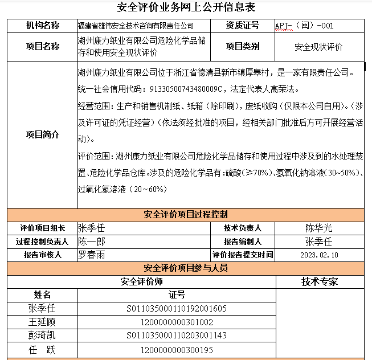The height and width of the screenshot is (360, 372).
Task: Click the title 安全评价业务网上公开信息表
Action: pos(186,7)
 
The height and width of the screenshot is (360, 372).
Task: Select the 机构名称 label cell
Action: pos(42,26)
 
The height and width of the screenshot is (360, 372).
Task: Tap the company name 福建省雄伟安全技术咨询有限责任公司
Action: pos(136,26)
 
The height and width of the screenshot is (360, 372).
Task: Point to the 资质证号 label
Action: pos(242,26)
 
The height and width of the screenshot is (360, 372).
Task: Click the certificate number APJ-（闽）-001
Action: pos(304,26)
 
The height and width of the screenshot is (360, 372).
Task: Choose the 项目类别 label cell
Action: pos(242,47)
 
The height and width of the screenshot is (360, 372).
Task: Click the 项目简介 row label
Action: pos(42,135)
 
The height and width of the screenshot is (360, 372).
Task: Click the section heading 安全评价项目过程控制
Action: pos(186,215)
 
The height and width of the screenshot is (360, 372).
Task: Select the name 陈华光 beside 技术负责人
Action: pos(318,228)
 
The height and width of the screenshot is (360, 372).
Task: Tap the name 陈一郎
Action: pos(92,242)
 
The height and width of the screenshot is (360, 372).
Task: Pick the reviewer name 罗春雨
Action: pos(92,255)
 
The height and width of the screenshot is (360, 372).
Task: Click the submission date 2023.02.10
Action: pos(318,255)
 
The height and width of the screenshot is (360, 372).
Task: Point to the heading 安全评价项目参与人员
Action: pos(186,268)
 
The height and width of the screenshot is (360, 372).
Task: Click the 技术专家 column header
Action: pos(320,281)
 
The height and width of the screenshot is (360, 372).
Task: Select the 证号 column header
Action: pos(177,295)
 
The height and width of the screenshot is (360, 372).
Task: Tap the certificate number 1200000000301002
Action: pos(177,322)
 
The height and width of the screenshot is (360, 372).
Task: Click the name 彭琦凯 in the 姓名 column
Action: pos(42,335)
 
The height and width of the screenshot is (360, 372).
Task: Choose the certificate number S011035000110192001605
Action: pos(177,309)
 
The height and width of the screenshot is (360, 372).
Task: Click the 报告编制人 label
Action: pos(242,242)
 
